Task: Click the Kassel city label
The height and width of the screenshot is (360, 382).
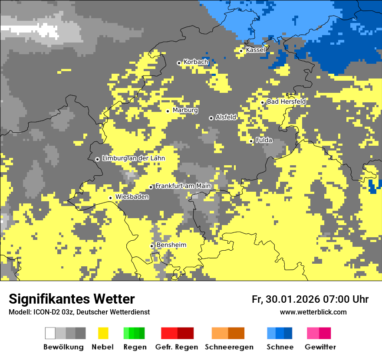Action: (x=255, y=50)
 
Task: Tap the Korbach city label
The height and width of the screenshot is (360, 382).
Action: (x=196, y=62)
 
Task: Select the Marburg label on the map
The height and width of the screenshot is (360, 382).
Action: (x=185, y=110)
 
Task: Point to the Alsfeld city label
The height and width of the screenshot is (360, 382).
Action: (x=226, y=117)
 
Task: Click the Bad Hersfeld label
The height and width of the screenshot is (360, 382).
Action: (x=286, y=101)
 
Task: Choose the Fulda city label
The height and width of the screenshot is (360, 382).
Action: (x=264, y=140)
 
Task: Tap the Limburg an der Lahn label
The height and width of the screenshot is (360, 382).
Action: (x=134, y=158)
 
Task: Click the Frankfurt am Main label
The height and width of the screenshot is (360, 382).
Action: (x=183, y=186)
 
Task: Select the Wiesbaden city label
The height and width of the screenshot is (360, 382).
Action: (x=132, y=197)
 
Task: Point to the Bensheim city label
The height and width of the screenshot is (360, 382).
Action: (x=171, y=245)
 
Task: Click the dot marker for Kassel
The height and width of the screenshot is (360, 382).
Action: (x=241, y=51)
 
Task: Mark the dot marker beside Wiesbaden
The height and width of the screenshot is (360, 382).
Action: (x=111, y=198)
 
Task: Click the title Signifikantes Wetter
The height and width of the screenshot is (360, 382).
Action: (x=72, y=299)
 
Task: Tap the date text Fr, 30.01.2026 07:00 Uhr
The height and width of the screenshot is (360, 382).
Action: (x=310, y=299)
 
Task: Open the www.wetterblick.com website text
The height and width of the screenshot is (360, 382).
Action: (x=313, y=312)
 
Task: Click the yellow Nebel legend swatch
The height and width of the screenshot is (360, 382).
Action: (x=103, y=333)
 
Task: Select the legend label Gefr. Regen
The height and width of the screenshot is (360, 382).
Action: (x=177, y=347)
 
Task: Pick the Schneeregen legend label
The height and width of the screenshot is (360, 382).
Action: (x=229, y=347)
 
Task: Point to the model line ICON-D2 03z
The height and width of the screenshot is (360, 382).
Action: (x=79, y=312)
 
